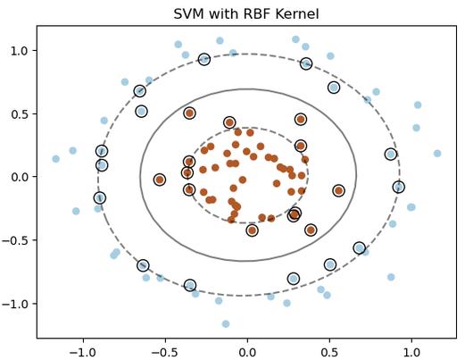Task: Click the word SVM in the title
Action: click(x=189, y=14)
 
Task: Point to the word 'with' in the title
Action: click(x=220, y=14)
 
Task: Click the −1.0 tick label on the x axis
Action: click(x=82, y=351)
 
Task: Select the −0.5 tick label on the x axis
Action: click(x=164, y=351)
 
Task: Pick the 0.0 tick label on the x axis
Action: click(x=247, y=351)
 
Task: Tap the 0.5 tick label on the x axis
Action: click(x=329, y=351)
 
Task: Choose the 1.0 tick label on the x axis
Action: click(x=411, y=351)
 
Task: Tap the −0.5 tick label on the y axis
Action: click(x=16, y=240)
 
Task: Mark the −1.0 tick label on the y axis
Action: click(x=16, y=304)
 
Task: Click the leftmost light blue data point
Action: click(x=56, y=159)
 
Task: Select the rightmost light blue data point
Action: click(x=437, y=154)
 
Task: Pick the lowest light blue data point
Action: click(x=226, y=324)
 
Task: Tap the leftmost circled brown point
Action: click(x=160, y=180)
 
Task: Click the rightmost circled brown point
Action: click(x=339, y=190)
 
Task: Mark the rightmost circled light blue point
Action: click(x=399, y=187)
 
